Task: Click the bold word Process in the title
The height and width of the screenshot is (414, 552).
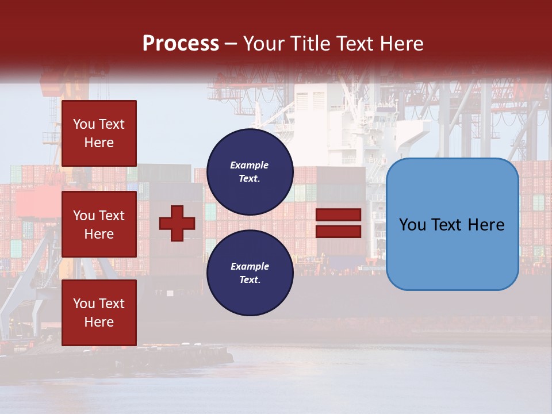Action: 181,44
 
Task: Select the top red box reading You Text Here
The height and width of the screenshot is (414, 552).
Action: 99,133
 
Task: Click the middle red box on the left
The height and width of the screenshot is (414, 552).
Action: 99,224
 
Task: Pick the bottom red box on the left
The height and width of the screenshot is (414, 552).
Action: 99,313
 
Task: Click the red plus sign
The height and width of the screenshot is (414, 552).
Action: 177,223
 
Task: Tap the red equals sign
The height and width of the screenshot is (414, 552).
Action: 339,223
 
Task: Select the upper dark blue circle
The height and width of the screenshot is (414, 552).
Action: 250,171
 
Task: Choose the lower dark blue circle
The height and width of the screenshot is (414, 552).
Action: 250,273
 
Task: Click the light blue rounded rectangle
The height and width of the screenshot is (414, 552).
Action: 452,224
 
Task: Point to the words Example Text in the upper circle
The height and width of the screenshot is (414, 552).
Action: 250,171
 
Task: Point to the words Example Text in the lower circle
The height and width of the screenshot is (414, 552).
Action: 250,273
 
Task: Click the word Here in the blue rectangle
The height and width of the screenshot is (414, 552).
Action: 486,225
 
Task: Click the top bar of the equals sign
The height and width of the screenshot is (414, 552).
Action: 339,215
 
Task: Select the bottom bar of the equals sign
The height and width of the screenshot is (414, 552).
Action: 339,231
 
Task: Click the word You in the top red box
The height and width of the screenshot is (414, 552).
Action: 83,124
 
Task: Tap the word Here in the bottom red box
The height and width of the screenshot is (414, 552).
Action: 99,322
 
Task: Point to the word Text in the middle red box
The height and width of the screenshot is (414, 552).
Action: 111,216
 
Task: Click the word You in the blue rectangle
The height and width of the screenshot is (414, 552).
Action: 412,225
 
